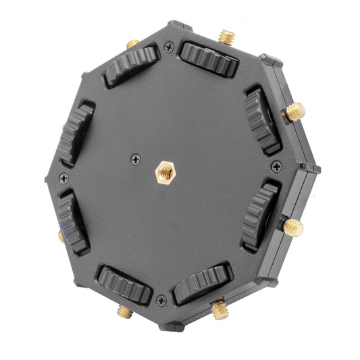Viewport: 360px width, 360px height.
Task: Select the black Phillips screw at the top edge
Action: tap(168, 47)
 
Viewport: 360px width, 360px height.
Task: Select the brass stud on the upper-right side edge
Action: tap(294, 111)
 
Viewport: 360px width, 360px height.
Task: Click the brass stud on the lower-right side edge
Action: tap(292, 226)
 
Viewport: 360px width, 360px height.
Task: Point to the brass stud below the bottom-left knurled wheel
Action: tap(124, 311)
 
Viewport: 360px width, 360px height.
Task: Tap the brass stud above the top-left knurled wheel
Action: tap(133, 44)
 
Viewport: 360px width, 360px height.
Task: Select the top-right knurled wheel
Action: tap(209, 60)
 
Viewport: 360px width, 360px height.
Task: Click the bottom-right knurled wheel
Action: tap(202, 282)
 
